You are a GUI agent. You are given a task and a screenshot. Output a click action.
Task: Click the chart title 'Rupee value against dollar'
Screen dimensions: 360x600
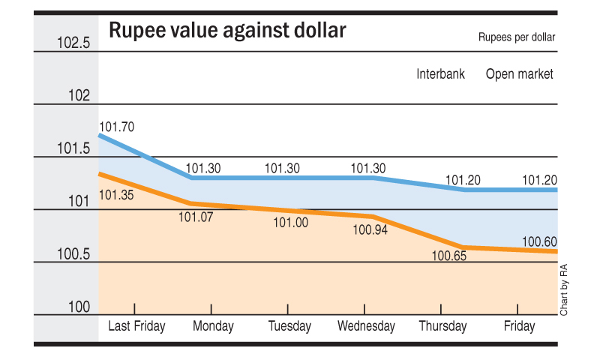click(x=227, y=31)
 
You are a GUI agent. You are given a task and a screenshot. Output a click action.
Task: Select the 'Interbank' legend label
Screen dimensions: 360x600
click(x=440, y=74)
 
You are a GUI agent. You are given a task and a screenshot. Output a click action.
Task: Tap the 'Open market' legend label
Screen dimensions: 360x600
click(x=520, y=74)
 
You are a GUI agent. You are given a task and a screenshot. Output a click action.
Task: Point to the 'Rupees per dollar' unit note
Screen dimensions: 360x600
click(x=517, y=37)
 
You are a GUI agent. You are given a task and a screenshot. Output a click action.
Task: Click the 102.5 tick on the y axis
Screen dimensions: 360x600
click(x=73, y=43)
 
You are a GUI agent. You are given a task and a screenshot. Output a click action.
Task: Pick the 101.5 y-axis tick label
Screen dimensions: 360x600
click(x=73, y=148)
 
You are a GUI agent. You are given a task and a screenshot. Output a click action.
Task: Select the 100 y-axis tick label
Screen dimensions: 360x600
click(x=79, y=307)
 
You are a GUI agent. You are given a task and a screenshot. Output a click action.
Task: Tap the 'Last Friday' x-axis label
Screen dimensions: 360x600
click(x=136, y=326)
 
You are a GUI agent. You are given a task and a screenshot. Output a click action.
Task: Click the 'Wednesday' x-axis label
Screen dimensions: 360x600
click(x=366, y=326)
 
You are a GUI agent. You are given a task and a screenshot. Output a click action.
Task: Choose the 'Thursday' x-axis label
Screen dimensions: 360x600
click(x=442, y=326)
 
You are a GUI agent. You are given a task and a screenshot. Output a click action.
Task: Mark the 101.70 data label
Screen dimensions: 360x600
click(x=117, y=127)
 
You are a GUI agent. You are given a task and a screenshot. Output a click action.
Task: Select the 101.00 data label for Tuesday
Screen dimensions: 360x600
click(x=290, y=223)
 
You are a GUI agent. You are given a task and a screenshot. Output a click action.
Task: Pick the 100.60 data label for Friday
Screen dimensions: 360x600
click(x=539, y=241)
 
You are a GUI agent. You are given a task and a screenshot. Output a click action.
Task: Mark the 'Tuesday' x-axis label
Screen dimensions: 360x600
click(x=289, y=326)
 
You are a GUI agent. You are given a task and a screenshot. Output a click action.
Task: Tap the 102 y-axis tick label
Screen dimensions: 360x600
click(x=79, y=96)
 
